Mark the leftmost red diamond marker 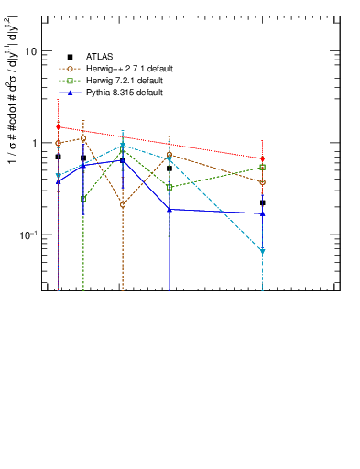tap(58, 126)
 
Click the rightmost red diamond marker tap(262, 158)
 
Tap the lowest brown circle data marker tap(123, 204)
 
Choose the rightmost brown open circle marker tap(262, 182)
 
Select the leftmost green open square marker tap(83, 199)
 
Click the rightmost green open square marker tap(262, 168)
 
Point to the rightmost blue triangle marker tap(262, 213)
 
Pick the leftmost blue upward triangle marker tap(58, 181)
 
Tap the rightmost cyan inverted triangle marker tap(262, 251)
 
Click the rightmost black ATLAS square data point tap(262, 202)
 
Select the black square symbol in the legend tap(70, 57)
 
